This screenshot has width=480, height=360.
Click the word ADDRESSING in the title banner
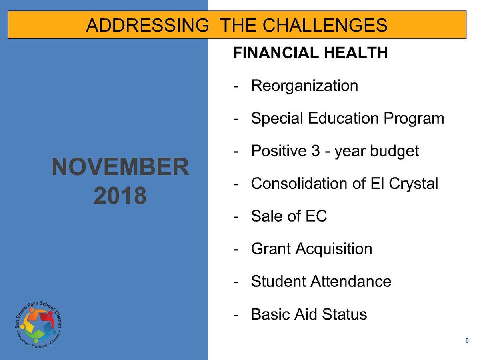coord(148,25)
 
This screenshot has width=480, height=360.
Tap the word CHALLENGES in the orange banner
coord(325,25)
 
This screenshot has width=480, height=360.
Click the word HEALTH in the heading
coord(356,53)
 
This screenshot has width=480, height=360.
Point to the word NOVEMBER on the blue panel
coord(120,166)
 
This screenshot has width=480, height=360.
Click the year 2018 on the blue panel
coord(120,195)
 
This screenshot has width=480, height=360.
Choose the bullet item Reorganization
coord(305,86)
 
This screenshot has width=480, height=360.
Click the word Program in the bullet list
coord(414,119)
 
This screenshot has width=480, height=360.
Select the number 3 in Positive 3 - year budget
coord(316,151)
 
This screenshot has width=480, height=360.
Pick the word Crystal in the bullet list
coord(414,184)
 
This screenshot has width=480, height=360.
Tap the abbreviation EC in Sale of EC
coord(316,216)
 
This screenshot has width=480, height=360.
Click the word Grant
coord(271,248)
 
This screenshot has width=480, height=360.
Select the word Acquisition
coord(334,249)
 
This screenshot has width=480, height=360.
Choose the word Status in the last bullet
coord(344,314)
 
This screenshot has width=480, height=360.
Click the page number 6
coord(467,340)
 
